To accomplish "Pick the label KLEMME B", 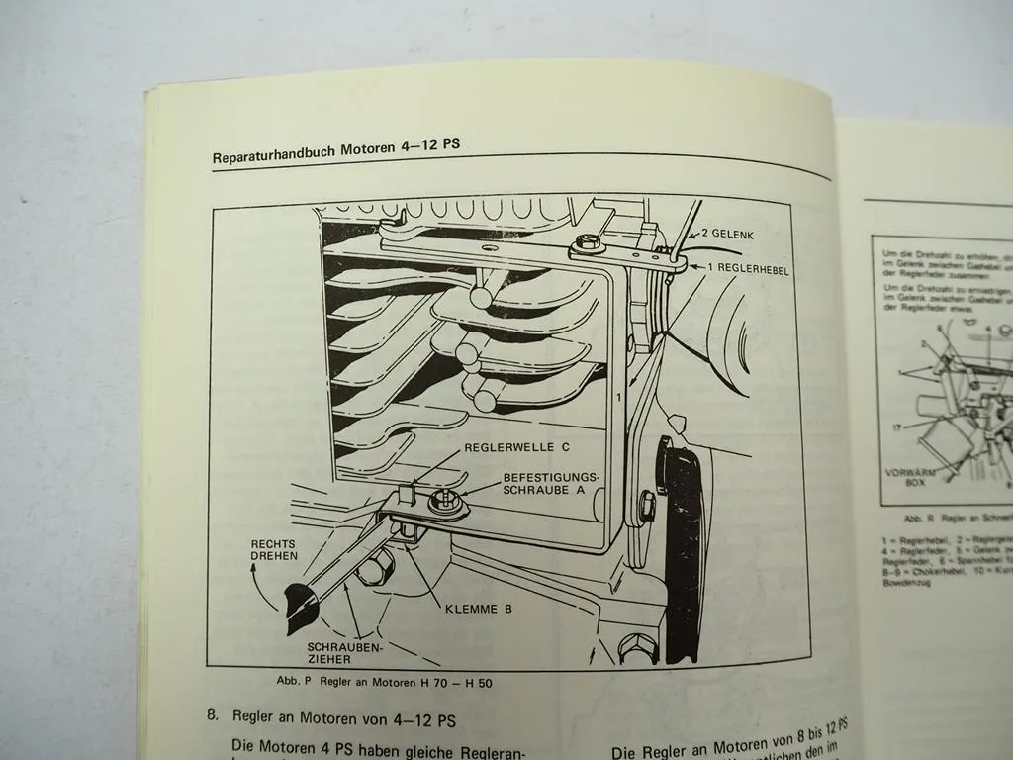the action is pos(478,609).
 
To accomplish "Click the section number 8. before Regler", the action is pos(213,714).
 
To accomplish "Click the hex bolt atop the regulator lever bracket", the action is pos(588,241).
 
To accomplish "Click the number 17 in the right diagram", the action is pos(896,427).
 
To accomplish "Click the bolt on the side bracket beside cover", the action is pos(648,508).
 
